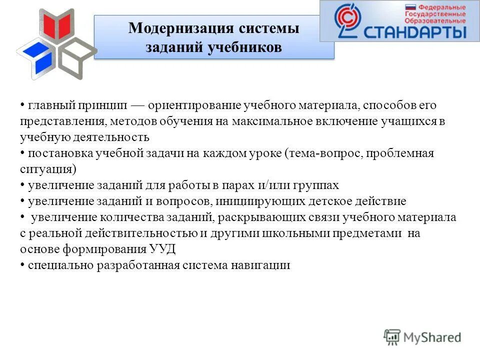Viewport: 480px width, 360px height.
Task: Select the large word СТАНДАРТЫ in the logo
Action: click(x=415, y=31)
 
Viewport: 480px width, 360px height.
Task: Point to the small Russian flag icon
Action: click(x=410, y=7)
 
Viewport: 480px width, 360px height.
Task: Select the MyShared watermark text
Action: click(x=432, y=337)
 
